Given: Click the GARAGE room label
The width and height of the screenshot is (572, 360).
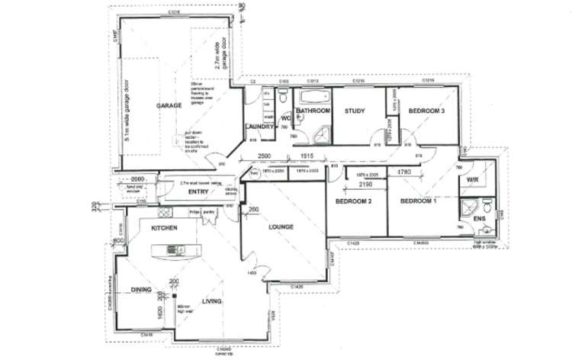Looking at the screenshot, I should [x=169, y=106].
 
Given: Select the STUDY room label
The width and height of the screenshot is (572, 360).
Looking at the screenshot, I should [x=355, y=111].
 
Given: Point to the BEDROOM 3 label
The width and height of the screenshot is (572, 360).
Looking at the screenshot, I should [x=426, y=111].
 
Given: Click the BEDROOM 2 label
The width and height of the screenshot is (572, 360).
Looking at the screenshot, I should [x=353, y=201].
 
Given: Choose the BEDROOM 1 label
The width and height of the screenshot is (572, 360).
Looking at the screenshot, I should [x=419, y=201].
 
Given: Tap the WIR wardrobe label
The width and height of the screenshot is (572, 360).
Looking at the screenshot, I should [x=472, y=180].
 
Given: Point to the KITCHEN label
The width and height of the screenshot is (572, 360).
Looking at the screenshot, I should [x=164, y=228].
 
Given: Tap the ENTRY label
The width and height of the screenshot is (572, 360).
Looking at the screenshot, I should [x=198, y=191].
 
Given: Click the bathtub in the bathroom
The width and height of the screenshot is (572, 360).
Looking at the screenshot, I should [x=312, y=98].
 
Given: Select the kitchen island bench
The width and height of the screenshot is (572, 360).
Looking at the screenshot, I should [x=175, y=249].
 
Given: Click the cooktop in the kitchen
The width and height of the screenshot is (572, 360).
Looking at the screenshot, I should [x=182, y=249].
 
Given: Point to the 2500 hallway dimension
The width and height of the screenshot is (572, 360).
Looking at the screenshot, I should [x=263, y=156].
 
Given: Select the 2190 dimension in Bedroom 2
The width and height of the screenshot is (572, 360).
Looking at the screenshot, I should [x=365, y=185].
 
